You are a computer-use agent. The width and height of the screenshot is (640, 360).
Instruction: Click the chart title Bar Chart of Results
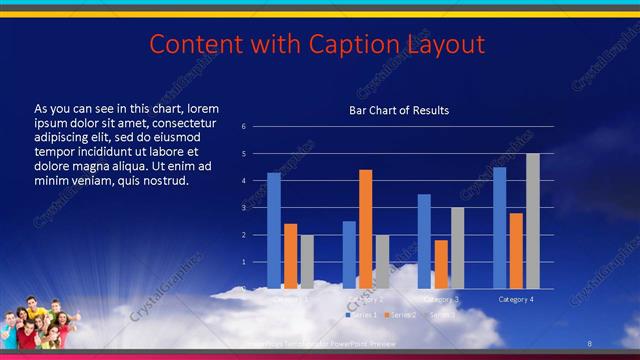click(398, 110)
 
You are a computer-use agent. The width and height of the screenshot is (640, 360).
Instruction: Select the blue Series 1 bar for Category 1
click(274, 230)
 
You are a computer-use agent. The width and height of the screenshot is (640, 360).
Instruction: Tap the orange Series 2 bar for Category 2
click(366, 229)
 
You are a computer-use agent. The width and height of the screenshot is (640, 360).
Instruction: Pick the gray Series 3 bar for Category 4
click(533, 221)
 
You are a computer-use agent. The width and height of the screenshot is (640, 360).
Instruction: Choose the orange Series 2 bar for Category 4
click(516, 250)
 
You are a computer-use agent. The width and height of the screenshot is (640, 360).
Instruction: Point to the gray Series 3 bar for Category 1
click(307, 261)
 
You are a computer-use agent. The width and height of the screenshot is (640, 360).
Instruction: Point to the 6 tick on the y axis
click(243, 127)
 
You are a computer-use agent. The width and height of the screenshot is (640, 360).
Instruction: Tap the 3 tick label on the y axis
click(243, 208)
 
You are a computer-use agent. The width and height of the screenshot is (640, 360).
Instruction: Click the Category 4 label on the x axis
click(516, 299)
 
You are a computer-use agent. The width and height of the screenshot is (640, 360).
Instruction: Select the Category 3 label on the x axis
click(441, 299)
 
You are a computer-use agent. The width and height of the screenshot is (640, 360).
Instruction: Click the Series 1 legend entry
click(362, 315)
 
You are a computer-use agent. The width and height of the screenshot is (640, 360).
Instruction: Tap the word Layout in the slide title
click(445, 44)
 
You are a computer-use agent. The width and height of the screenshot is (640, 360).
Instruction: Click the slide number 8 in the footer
click(590, 343)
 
